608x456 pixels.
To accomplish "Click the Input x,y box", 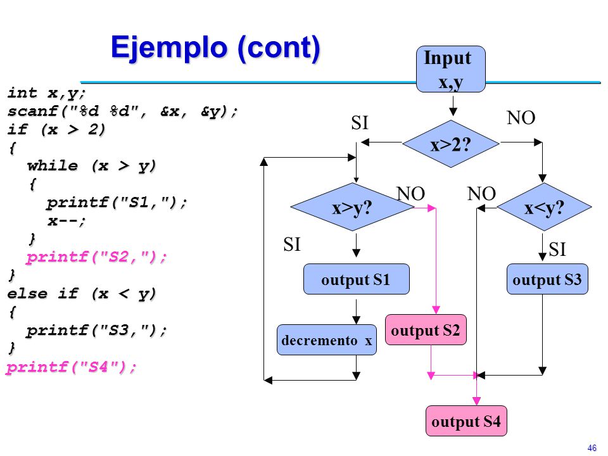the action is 450,69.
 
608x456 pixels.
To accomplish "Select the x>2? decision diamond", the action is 450,144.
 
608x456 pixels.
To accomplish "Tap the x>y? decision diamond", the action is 352,207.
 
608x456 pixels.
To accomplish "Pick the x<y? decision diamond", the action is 544,207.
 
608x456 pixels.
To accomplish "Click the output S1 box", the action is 357,279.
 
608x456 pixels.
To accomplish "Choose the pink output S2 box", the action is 426,330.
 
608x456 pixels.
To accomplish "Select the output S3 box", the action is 547,279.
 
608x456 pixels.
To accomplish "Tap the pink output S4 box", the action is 466,421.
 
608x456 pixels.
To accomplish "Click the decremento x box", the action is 327,340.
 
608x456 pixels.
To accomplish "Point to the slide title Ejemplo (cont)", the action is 215,47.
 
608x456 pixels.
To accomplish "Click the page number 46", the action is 592,448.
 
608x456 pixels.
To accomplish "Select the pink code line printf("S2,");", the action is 96,256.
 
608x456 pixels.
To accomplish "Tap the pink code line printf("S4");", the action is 72,367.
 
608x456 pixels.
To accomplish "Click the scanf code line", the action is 122,111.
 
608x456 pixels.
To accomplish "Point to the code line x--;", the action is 66,220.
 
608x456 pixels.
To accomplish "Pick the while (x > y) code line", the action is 91,165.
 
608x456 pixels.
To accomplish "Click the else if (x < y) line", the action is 82,293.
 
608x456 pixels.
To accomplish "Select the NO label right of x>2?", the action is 521,118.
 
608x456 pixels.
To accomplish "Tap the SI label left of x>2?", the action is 360,123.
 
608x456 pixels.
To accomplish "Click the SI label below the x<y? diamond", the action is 557,250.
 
